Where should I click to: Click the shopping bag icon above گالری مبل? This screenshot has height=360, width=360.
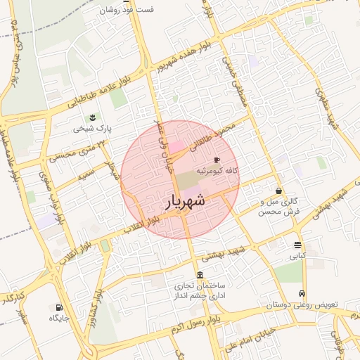pyautogui.click(x=279, y=191)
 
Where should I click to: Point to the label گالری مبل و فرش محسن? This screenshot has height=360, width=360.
pyautogui.click(x=279, y=206)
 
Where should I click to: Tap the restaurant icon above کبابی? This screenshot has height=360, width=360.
pyautogui.click(x=298, y=245)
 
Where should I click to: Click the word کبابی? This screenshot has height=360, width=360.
pyautogui.click(x=298, y=257)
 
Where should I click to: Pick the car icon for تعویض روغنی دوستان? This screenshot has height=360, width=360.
pyautogui.click(x=302, y=294)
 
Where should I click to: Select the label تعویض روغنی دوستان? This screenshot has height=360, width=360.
pyautogui.click(x=302, y=305)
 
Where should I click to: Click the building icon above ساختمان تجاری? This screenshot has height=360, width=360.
pyautogui.click(x=201, y=275)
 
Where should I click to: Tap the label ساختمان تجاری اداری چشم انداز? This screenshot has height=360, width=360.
pyautogui.click(x=201, y=292)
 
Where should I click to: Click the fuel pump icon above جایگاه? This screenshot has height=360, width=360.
pyautogui.click(x=58, y=307)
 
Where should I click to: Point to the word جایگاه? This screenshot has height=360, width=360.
pyautogui.click(x=58, y=319)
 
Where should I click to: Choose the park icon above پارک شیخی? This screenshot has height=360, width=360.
pyautogui.click(x=93, y=117)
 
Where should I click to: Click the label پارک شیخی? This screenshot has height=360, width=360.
pyautogui.click(x=93, y=129)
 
